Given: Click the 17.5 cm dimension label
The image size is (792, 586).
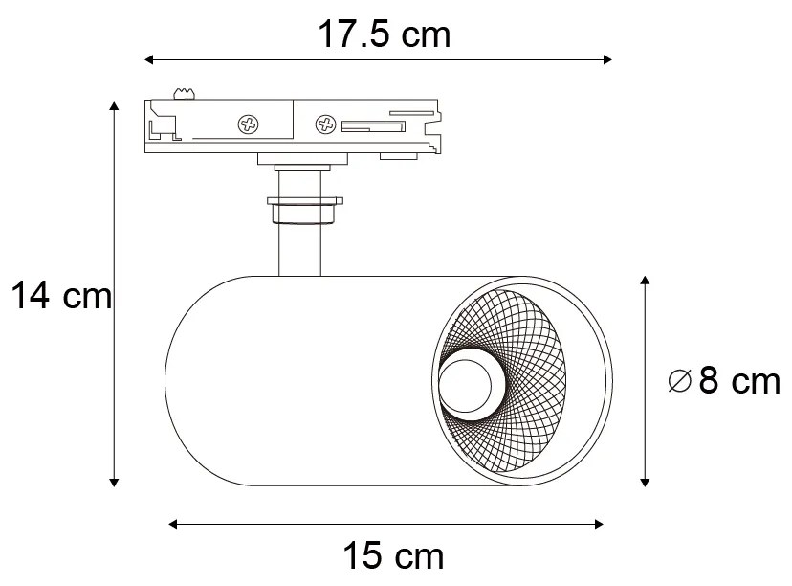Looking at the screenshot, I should pos(384,35).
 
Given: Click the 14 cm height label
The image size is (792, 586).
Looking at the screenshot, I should pos(60,297).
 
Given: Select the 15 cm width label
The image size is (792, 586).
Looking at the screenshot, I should pos(393,554).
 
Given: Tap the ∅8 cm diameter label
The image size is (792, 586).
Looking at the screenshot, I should pos(724,382).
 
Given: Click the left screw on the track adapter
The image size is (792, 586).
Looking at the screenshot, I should pos(249,124).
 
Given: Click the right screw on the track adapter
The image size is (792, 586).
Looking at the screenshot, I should pos(325,124).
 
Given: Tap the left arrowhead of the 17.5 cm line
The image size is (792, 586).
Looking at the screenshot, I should pos(149,60).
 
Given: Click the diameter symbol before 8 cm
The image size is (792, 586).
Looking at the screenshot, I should pos(679,382).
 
